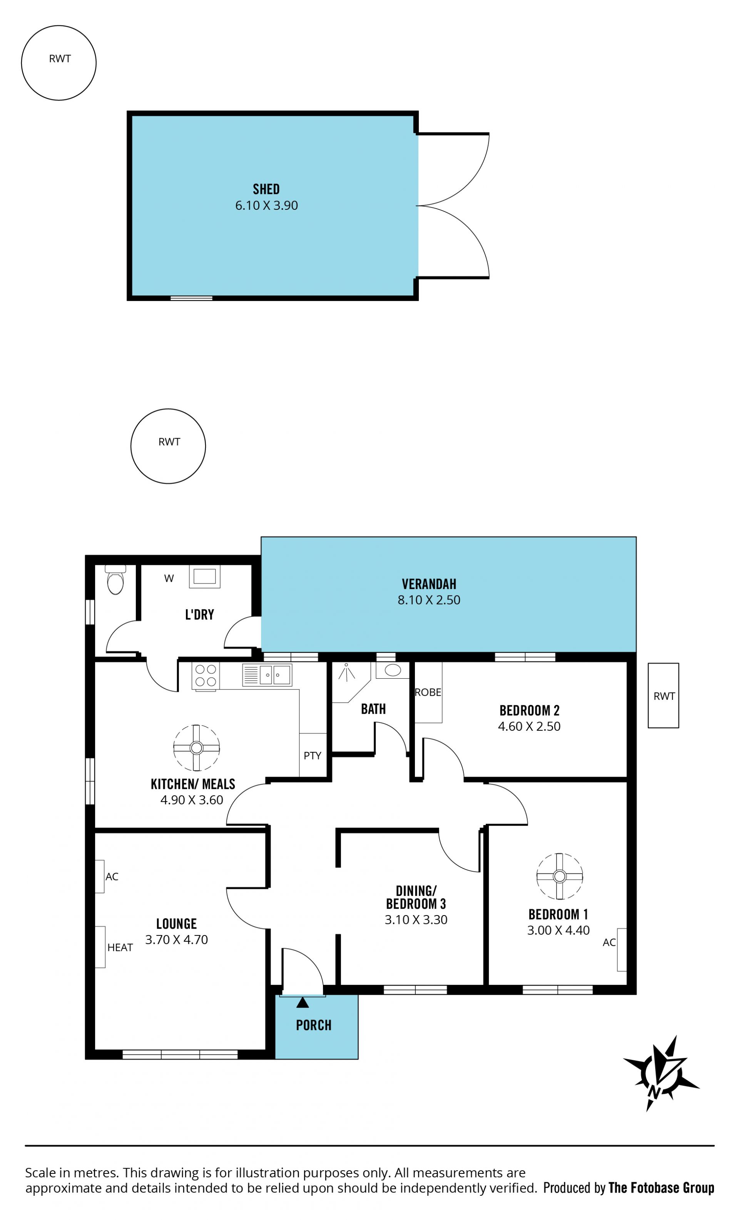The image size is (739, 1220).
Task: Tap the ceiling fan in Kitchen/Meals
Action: click(197, 748)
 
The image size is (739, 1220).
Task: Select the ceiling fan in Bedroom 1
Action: click(560, 876)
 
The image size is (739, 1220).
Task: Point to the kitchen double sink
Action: click(267, 675)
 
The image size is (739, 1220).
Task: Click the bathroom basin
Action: click(393, 670)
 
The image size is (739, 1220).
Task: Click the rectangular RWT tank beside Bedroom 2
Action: click(663, 695)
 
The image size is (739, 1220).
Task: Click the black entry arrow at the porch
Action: click(303, 1002)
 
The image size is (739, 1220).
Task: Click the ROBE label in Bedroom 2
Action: click(428, 692)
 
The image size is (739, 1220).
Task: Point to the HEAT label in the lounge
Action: click(120, 947)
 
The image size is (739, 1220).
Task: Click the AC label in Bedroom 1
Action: click(609, 942)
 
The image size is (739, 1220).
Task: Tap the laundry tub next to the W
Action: click(204, 576)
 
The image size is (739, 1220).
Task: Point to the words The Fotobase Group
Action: click(661, 1187)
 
